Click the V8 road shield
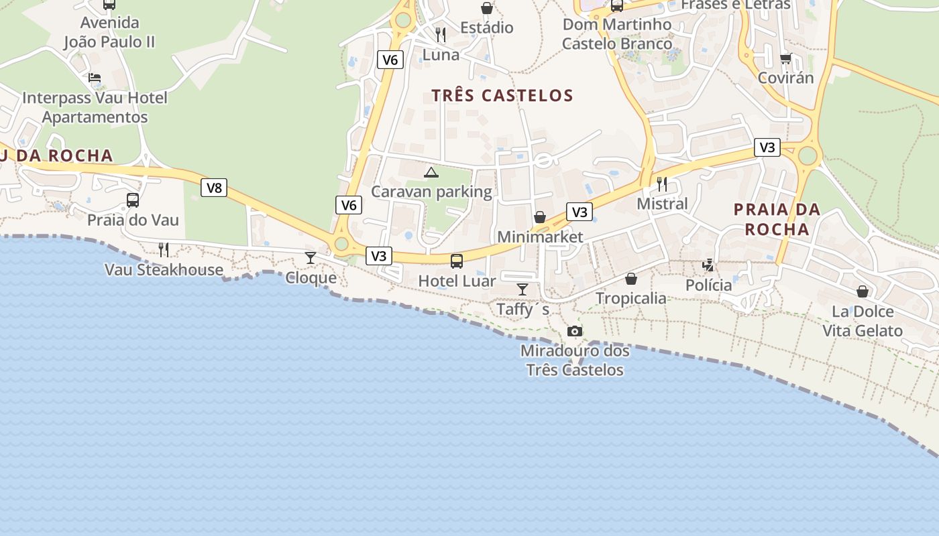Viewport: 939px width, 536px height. coord(214,188)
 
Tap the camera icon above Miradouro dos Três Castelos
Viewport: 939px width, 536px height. coord(575,331)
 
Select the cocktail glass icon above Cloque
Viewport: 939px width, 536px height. coord(311,258)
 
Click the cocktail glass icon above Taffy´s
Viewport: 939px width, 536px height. coord(522,289)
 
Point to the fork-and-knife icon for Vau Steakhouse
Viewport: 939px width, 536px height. coord(164,250)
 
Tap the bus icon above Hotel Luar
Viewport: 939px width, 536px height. coord(457,261)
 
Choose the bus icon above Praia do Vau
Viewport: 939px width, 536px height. coord(133,200)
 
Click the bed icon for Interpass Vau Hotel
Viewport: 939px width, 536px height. coord(95,78)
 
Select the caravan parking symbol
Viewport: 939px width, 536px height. coord(431,172)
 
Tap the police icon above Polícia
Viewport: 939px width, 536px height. coord(708,265)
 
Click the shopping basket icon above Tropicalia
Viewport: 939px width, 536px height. coord(631,279)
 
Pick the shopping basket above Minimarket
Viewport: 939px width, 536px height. coord(540,217)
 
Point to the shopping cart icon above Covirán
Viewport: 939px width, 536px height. coord(785,58)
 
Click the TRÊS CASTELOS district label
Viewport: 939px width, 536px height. coord(502,96)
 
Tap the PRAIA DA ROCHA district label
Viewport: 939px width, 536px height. coord(777,219)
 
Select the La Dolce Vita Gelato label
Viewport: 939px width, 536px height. coord(863,321)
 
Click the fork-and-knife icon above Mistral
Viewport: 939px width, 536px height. coord(662,184)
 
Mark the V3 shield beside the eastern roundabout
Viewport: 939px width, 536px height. coord(767,147)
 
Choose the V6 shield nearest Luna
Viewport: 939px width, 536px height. coord(390,60)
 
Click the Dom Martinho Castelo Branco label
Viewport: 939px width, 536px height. coord(616,34)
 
